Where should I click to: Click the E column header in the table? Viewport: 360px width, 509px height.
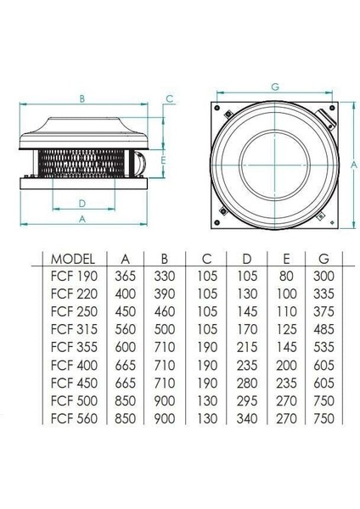click(287, 259)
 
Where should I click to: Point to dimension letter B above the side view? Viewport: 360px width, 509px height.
click(82, 99)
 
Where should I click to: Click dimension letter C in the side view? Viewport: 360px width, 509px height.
click(170, 99)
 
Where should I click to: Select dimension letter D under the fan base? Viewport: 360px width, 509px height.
click(82, 203)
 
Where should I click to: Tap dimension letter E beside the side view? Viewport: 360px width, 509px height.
click(161, 159)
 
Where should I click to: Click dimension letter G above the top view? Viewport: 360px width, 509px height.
click(274, 87)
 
